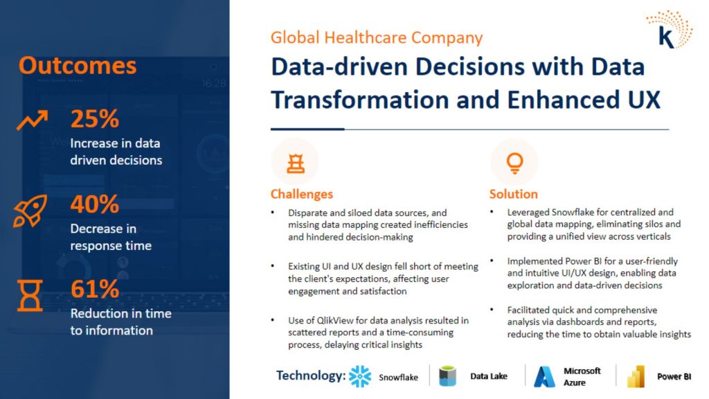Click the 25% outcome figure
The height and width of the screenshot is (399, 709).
click(x=94, y=119)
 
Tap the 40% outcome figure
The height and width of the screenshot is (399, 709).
click(x=94, y=204)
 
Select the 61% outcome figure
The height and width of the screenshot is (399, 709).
click(x=94, y=289)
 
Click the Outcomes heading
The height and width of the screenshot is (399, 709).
click(x=78, y=66)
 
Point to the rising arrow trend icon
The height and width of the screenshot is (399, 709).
click(x=32, y=120)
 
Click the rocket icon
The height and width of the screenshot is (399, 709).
click(x=30, y=211)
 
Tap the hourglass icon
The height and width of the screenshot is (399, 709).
click(x=30, y=295)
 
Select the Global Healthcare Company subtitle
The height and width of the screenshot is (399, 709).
click(x=377, y=37)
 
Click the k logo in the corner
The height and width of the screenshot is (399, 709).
click(x=670, y=30)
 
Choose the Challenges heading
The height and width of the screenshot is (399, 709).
click(x=302, y=194)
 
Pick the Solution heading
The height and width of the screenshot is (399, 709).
click(x=513, y=194)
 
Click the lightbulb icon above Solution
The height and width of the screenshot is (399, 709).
click(x=514, y=163)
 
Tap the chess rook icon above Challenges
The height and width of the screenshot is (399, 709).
click(x=296, y=163)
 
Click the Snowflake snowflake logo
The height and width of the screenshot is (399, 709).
click(x=360, y=376)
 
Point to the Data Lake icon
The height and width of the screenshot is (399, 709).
click(x=448, y=376)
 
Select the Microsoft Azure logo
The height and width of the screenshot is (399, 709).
click(x=544, y=377)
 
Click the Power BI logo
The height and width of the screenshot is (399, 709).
click(x=636, y=376)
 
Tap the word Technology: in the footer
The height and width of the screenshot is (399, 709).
click(x=311, y=375)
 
